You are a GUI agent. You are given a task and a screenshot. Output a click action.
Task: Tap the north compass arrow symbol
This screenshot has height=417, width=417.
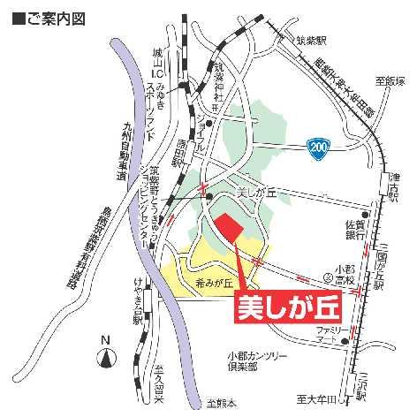tap(106, 358)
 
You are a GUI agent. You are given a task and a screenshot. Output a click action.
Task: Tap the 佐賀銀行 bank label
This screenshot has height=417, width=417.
tap(355, 230)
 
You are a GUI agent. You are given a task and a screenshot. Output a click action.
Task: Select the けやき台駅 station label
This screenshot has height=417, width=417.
tap(138, 308)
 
